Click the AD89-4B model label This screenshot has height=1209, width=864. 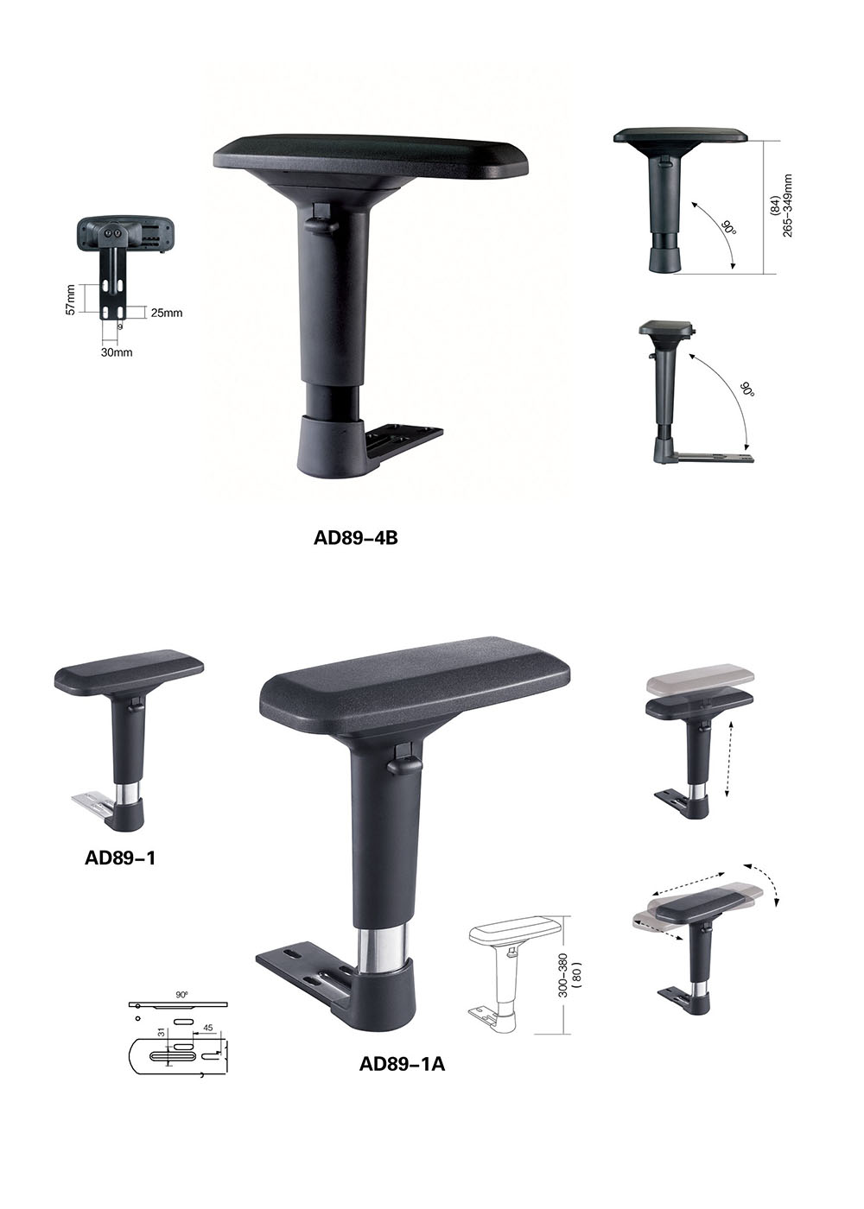(355, 538)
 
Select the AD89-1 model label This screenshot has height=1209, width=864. (120, 858)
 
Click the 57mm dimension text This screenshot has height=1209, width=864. (71, 301)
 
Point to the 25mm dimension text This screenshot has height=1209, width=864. (166, 313)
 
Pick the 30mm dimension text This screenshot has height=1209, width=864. (117, 352)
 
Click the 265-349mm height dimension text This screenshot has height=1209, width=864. (787, 206)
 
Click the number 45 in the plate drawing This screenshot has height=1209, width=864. (208, 1028)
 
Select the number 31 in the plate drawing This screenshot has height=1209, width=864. (161, 1032)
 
